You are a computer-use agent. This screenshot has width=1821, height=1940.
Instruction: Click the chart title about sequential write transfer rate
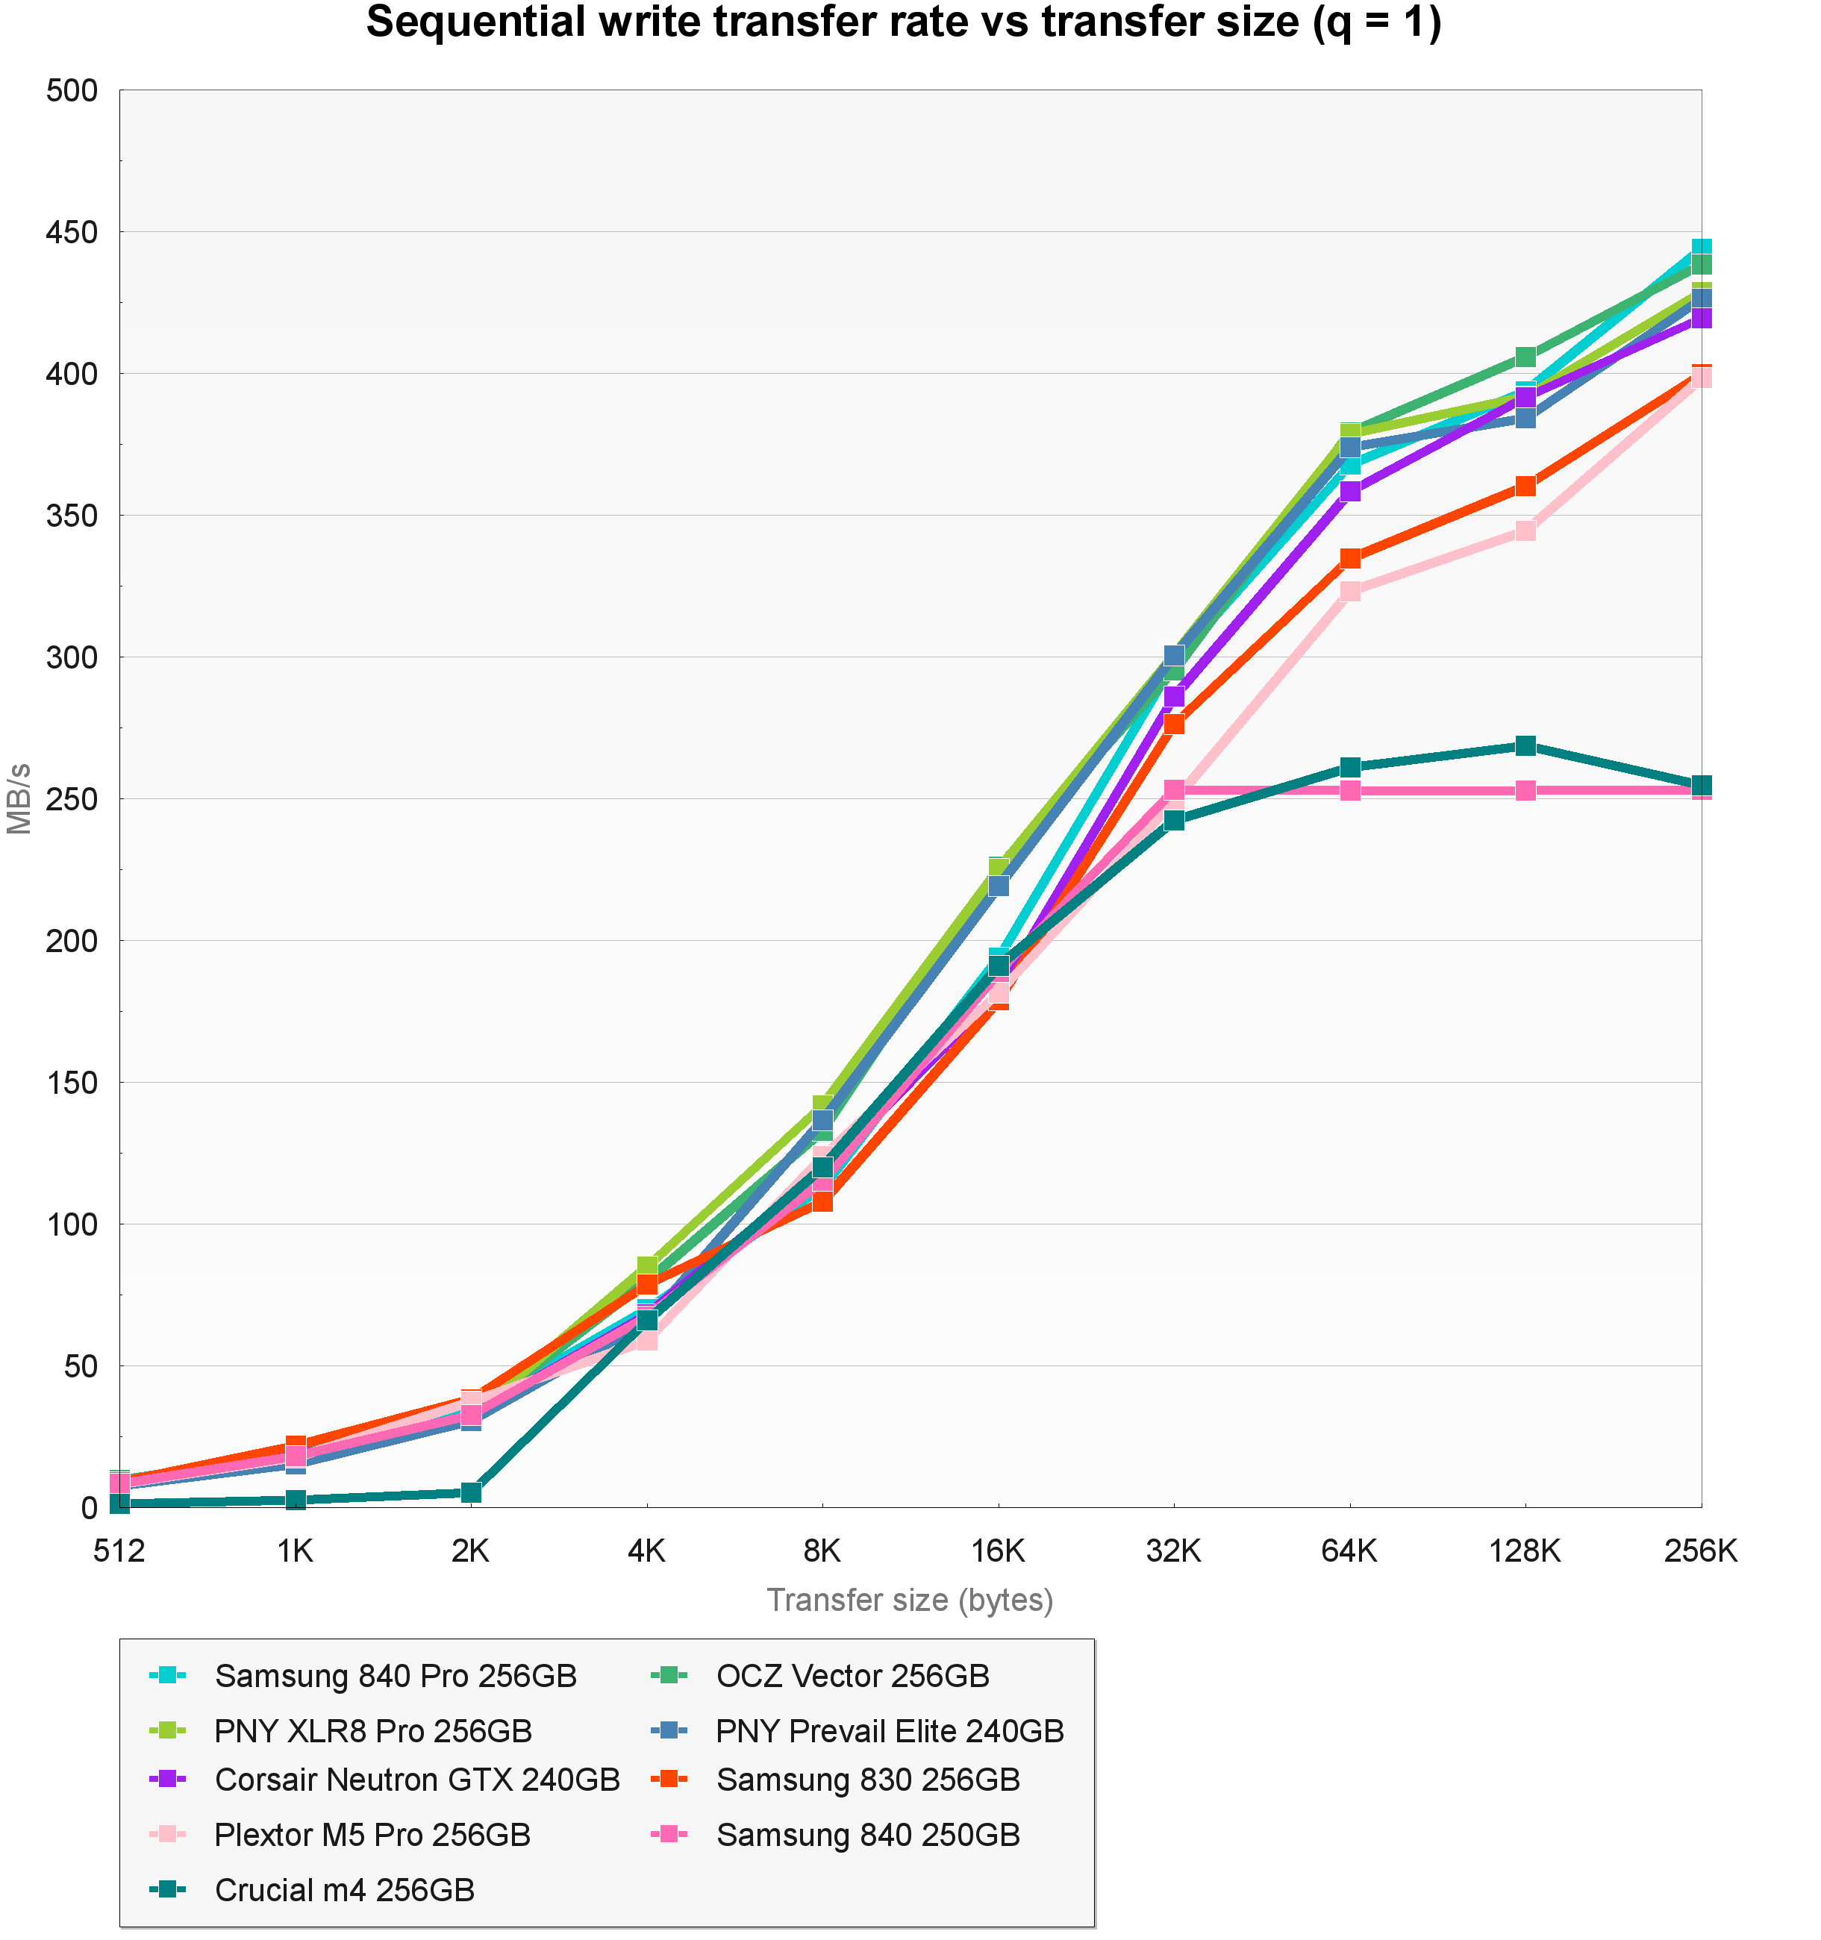pyautogui.click(x=903, y=23)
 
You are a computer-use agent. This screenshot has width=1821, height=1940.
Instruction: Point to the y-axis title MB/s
pyautogui.click(x=19, y=798)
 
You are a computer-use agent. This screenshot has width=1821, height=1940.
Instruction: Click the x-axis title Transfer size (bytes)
pyautogui.click(x=910, y=1600)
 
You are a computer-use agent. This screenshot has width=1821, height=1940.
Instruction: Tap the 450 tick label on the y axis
pyautogui.click(x=72, y=232)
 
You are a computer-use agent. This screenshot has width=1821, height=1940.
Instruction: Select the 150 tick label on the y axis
pyautogui.click(x=72, y=1082)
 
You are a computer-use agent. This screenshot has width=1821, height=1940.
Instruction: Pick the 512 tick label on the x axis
pyautogui.click(x=119, y=1551)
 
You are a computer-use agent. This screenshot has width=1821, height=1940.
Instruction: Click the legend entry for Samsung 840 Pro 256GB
pyautogui.click(x=396, y=1677)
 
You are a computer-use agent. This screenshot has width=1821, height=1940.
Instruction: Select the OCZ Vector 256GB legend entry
pyautogui.click(x=852, y=1677)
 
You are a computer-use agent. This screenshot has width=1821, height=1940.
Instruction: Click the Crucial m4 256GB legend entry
pyautogui.click(x=343, y=1890)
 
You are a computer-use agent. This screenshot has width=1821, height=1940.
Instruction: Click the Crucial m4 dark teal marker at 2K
pyautogui.click(x=470, y=1492)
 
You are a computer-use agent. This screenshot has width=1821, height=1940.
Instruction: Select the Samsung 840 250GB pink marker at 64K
pyautogui.click(x=1349, y=790)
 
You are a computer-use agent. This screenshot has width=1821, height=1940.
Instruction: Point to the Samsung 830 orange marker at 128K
pyautogui.click(x=1525, y=486)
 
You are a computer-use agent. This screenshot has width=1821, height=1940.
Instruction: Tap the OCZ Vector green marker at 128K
pyautogui.click(x=1525, y=357)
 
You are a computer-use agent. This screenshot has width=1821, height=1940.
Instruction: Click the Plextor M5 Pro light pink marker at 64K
pyautogui.click(x=1349, y=592)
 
